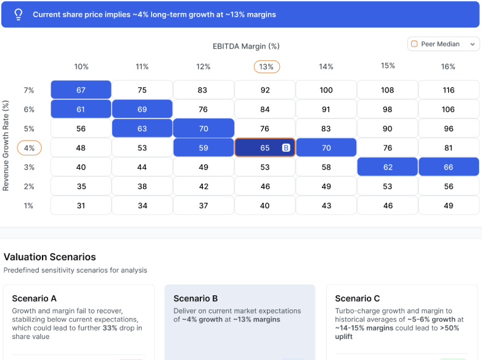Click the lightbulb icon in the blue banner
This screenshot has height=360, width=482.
pyautogui.click(x=18, y=14)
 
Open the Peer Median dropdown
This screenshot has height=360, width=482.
pyautogui.click(x=443, y=44)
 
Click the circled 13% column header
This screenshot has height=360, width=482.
pyautogui.click(x=266, y=67)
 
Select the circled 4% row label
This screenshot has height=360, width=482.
pyautogui.click(x=28, y=148)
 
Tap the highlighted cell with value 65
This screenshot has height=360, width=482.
pyautogui.click(x=264, y=148)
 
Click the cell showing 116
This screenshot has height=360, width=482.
pyautogui.click(x=448, y=90)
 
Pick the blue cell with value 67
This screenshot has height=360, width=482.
pyautogui.click(x=81, y=90)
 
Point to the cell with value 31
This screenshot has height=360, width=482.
pyautogui.click(x=81, y=206)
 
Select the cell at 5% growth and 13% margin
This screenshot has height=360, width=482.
pyautogui.click(x=264, y=129)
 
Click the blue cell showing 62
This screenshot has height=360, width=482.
pyautogui.click(x=387, y=167)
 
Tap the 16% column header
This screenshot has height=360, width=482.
pyautogui.click(x=448, y=67)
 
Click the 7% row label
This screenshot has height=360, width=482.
pyautogui.click(x=28, y=90)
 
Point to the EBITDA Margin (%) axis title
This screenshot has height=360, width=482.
pyautogui.click(x=246, y=46)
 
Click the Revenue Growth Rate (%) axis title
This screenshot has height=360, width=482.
pyautogui.click(x=6, y=146)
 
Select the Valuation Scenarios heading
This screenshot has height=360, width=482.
pyautogui.click(x=50, y=256)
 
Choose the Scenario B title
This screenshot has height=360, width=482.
pyautogui.click(x=195, y=298)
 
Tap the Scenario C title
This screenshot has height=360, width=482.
pyautogui.click(x=357, y=298)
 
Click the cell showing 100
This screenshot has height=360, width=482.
pyautogui.click(x=326, y=90)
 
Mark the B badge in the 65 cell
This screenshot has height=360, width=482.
pyautogui.click(x=286, y=148)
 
